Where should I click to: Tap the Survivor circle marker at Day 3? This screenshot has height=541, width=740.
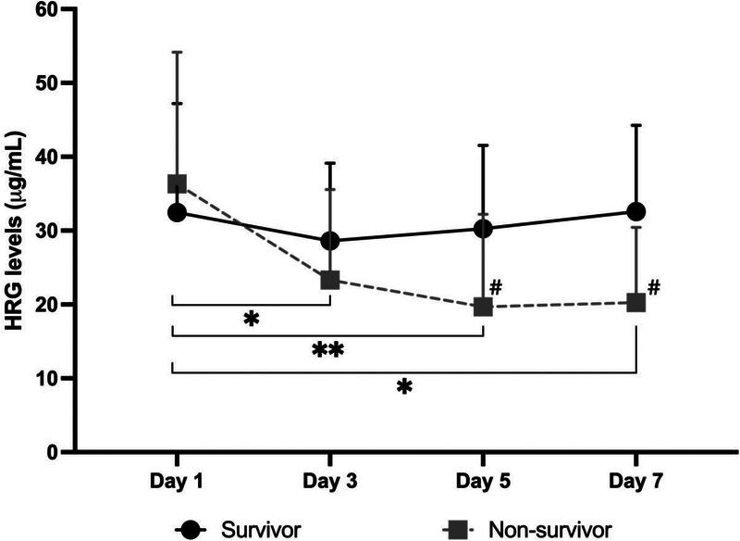(x=329, y=241)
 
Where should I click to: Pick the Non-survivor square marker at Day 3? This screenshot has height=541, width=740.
(x=329, y=279)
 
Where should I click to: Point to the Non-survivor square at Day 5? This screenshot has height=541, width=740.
(x=483, y=306)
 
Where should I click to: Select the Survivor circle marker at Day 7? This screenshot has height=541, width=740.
(x=636, y=211)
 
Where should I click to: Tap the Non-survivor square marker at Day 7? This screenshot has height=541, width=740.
(x=636, y=302)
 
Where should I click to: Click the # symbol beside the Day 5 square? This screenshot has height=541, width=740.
(x=496, y=287)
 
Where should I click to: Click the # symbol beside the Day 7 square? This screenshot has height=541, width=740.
(x=653, y=287)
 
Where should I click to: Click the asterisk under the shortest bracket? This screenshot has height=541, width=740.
(x=251, y=321)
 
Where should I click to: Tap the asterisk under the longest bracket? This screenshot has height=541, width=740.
(x=403, y=386)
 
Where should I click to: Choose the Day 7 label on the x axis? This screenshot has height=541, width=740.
(x=636, y=483)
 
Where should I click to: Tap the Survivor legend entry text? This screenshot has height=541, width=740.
(x=261, y=529)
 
